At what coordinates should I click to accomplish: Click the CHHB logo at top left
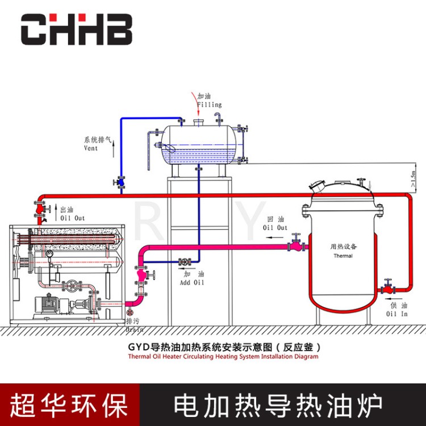click(x=77, y=29)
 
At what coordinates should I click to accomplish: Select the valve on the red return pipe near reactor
click(x=295, y=245)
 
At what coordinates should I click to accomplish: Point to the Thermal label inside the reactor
click(x=343, y=252)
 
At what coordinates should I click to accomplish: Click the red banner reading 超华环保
click(x=70, y=404)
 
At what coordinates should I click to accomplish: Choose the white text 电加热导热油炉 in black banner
click(x=282, y=404)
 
